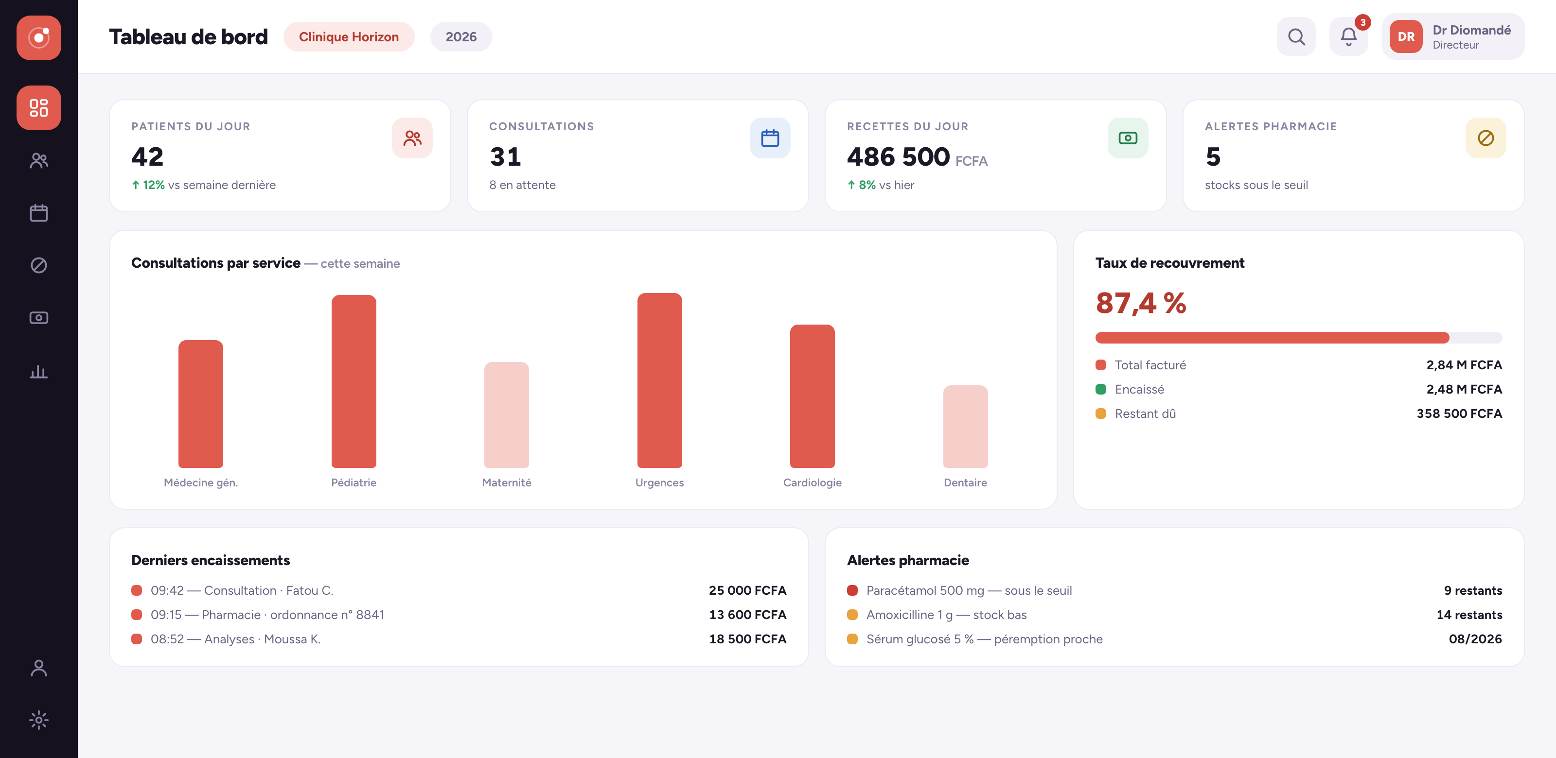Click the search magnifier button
[1296, 37]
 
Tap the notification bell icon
[1348, 37]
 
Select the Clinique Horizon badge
[349, 37]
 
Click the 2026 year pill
[461, 37]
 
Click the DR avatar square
[1406, 37]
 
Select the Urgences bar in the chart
[660, 380]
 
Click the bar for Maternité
[507, 414]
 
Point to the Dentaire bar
[965, 427]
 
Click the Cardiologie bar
[813, 396]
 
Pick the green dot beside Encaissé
[1100, 389]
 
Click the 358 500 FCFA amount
[1459, 413]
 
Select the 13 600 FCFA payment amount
[747, 614]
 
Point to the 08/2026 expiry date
[1475, 638]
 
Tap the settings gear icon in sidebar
[39, 720]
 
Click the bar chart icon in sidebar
[39, 371]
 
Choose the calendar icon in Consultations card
[770, 138]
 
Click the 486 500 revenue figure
[898, 157]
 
